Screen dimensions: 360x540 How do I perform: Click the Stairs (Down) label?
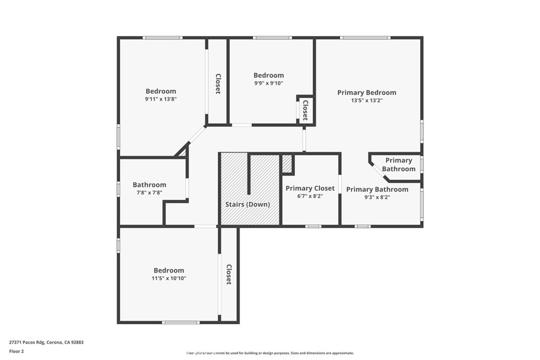coord(247,205)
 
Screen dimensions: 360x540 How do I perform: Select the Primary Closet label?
coord(310,188)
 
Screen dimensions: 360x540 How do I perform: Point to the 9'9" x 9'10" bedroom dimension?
coord(268,83)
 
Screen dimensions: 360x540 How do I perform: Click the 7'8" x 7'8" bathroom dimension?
coord(149,193)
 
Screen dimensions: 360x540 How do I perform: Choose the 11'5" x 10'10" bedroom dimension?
coord(169,278)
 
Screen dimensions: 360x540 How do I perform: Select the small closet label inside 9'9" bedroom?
coord(305,110)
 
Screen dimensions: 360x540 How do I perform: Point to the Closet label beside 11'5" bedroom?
coord(229,274)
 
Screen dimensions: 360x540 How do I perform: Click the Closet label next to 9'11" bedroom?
coord(217,83)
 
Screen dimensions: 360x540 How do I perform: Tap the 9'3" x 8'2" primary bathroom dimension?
coord(377,197)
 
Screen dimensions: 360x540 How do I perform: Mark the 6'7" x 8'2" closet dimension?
coord(310,196)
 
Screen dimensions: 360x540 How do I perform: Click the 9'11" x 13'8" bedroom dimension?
coord(161,99)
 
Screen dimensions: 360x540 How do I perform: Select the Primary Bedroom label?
coord(367,92)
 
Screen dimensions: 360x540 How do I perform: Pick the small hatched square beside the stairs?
coord(287,163)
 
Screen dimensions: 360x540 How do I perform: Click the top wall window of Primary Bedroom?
coord(365,38)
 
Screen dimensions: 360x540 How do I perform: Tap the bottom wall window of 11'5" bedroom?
coord(180,322)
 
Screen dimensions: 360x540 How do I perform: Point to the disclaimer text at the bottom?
coord(269,353)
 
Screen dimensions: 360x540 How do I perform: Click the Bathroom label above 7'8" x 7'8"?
coord(149,185)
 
